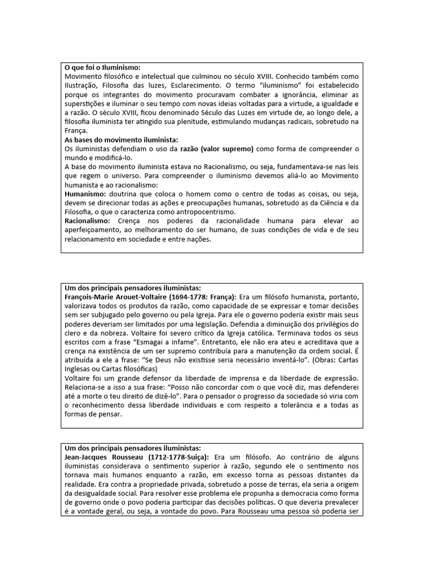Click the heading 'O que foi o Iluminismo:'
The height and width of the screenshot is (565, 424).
(103, 66)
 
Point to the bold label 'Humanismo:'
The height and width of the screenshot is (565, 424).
(85, 195)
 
